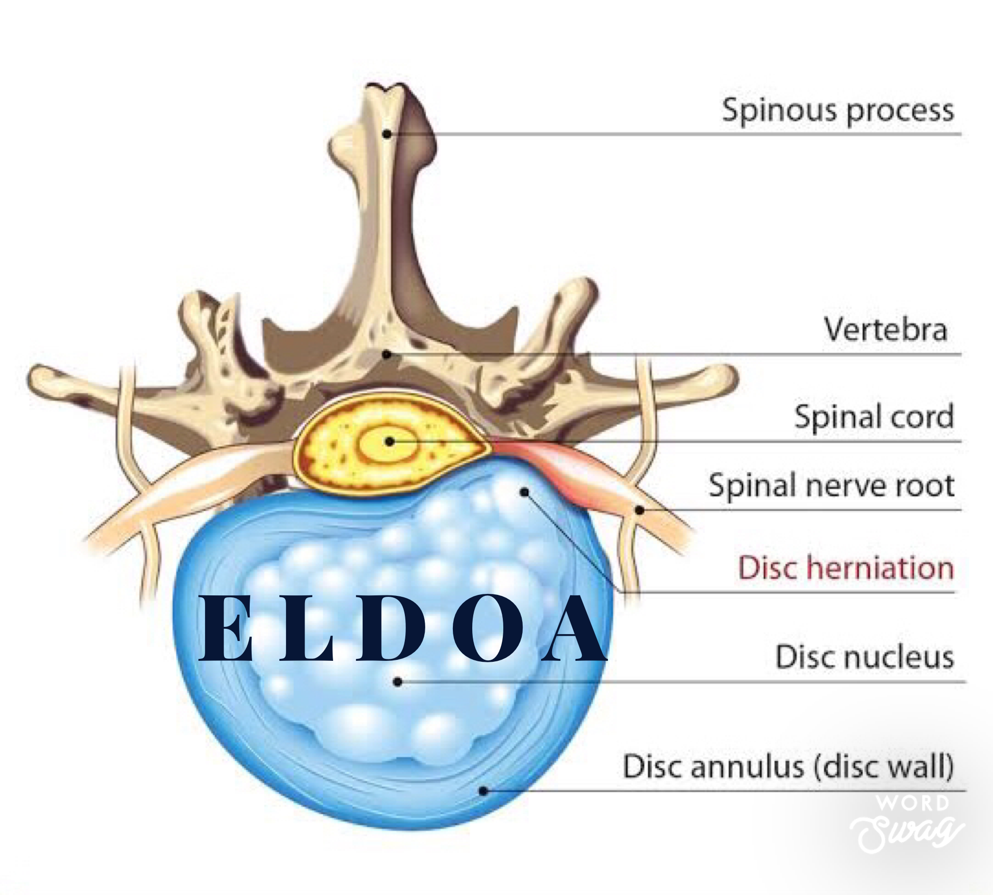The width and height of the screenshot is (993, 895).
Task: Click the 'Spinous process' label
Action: (x=837, y=110)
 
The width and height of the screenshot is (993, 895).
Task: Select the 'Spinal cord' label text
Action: (x=874, y=416)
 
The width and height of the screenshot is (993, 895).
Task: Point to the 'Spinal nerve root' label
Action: (x=831, y=485)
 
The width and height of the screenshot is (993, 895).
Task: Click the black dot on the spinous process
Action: (x=387, y=133)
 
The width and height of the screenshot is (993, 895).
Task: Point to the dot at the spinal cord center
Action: (x=389, y=442)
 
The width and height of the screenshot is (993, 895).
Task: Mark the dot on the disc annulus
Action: (x=483, y=791)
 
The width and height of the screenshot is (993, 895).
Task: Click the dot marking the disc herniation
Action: (x=525, y=492)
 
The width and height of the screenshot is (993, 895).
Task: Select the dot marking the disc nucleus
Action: (x=399, y=682)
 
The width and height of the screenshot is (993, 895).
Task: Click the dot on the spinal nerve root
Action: (x=639, y=510)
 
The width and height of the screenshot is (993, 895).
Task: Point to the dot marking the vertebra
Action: (x=387, y=354)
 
